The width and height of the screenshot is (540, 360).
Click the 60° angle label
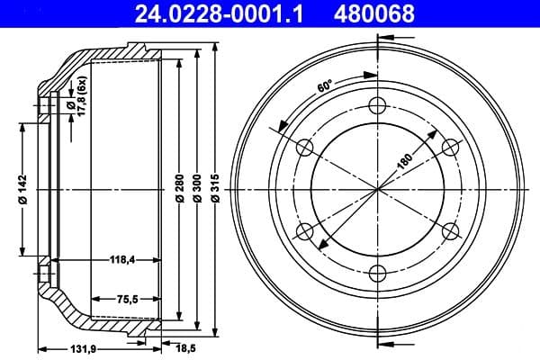[325, 86]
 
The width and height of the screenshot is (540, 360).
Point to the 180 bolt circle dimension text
[407, 159]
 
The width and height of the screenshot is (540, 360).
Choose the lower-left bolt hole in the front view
[303, 231]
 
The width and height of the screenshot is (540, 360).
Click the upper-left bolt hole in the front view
[303, 147]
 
